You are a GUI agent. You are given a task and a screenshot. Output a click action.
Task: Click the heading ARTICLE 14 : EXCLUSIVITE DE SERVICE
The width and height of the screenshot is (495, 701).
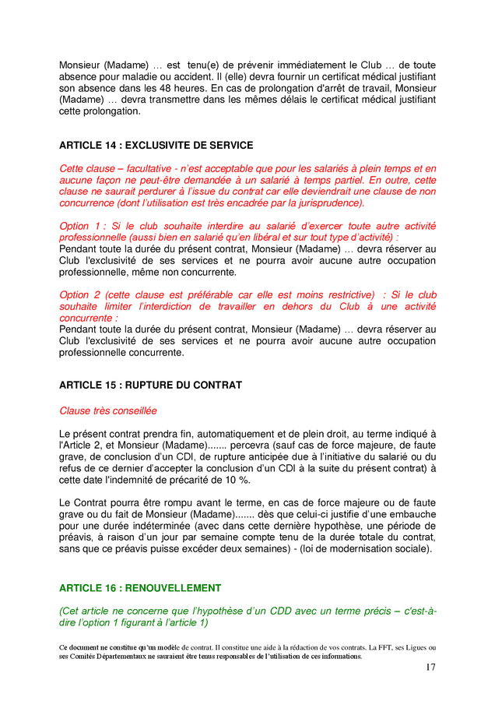point(156,145)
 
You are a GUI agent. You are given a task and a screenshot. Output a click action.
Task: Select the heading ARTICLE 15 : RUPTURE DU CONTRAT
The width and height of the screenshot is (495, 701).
point(150,385)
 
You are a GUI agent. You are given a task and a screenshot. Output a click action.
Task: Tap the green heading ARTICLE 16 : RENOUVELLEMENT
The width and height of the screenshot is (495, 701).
point(140,588)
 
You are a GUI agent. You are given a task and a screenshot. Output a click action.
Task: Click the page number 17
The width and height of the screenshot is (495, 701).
point(430,667)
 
